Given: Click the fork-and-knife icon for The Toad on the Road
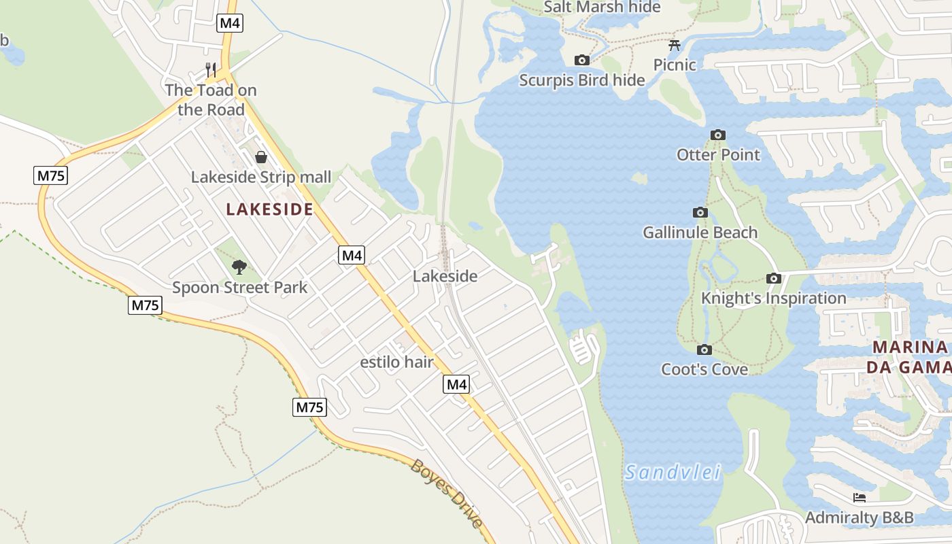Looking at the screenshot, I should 211,69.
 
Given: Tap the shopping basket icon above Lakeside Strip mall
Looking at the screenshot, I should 261,158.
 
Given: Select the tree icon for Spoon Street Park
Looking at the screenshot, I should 239,267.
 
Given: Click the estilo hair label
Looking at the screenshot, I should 396,362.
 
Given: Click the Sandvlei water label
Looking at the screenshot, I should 673,472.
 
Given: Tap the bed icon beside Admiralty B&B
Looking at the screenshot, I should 860,498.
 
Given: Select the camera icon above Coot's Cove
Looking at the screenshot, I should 704,350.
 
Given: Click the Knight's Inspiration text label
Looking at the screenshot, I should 773,299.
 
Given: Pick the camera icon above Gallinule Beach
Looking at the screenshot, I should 700,212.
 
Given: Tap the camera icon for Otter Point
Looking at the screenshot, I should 718,135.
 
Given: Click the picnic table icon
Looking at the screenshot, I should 675,46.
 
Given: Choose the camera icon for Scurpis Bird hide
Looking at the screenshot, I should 582,60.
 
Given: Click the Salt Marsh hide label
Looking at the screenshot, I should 602,7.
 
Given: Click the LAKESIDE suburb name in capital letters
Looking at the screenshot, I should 269,209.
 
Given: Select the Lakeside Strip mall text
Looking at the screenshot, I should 261,177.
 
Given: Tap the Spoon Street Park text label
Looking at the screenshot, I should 239,288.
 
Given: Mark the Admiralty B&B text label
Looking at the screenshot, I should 859,517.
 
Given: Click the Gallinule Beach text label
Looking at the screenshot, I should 700,233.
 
